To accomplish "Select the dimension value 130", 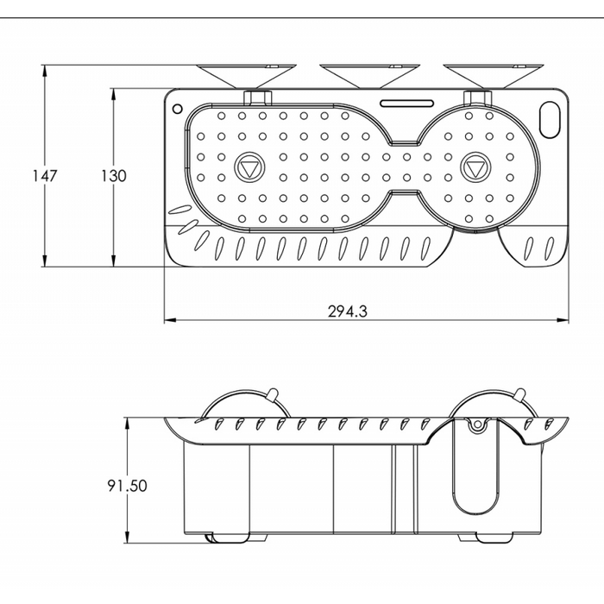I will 113,176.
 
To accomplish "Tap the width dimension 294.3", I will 348,312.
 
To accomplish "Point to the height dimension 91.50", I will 127,485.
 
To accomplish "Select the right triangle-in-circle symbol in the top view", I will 475,167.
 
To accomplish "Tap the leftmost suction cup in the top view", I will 245,75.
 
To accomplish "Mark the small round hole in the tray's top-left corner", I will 177,110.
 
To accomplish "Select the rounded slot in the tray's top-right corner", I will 550,116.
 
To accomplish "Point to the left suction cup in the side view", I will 236,406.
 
